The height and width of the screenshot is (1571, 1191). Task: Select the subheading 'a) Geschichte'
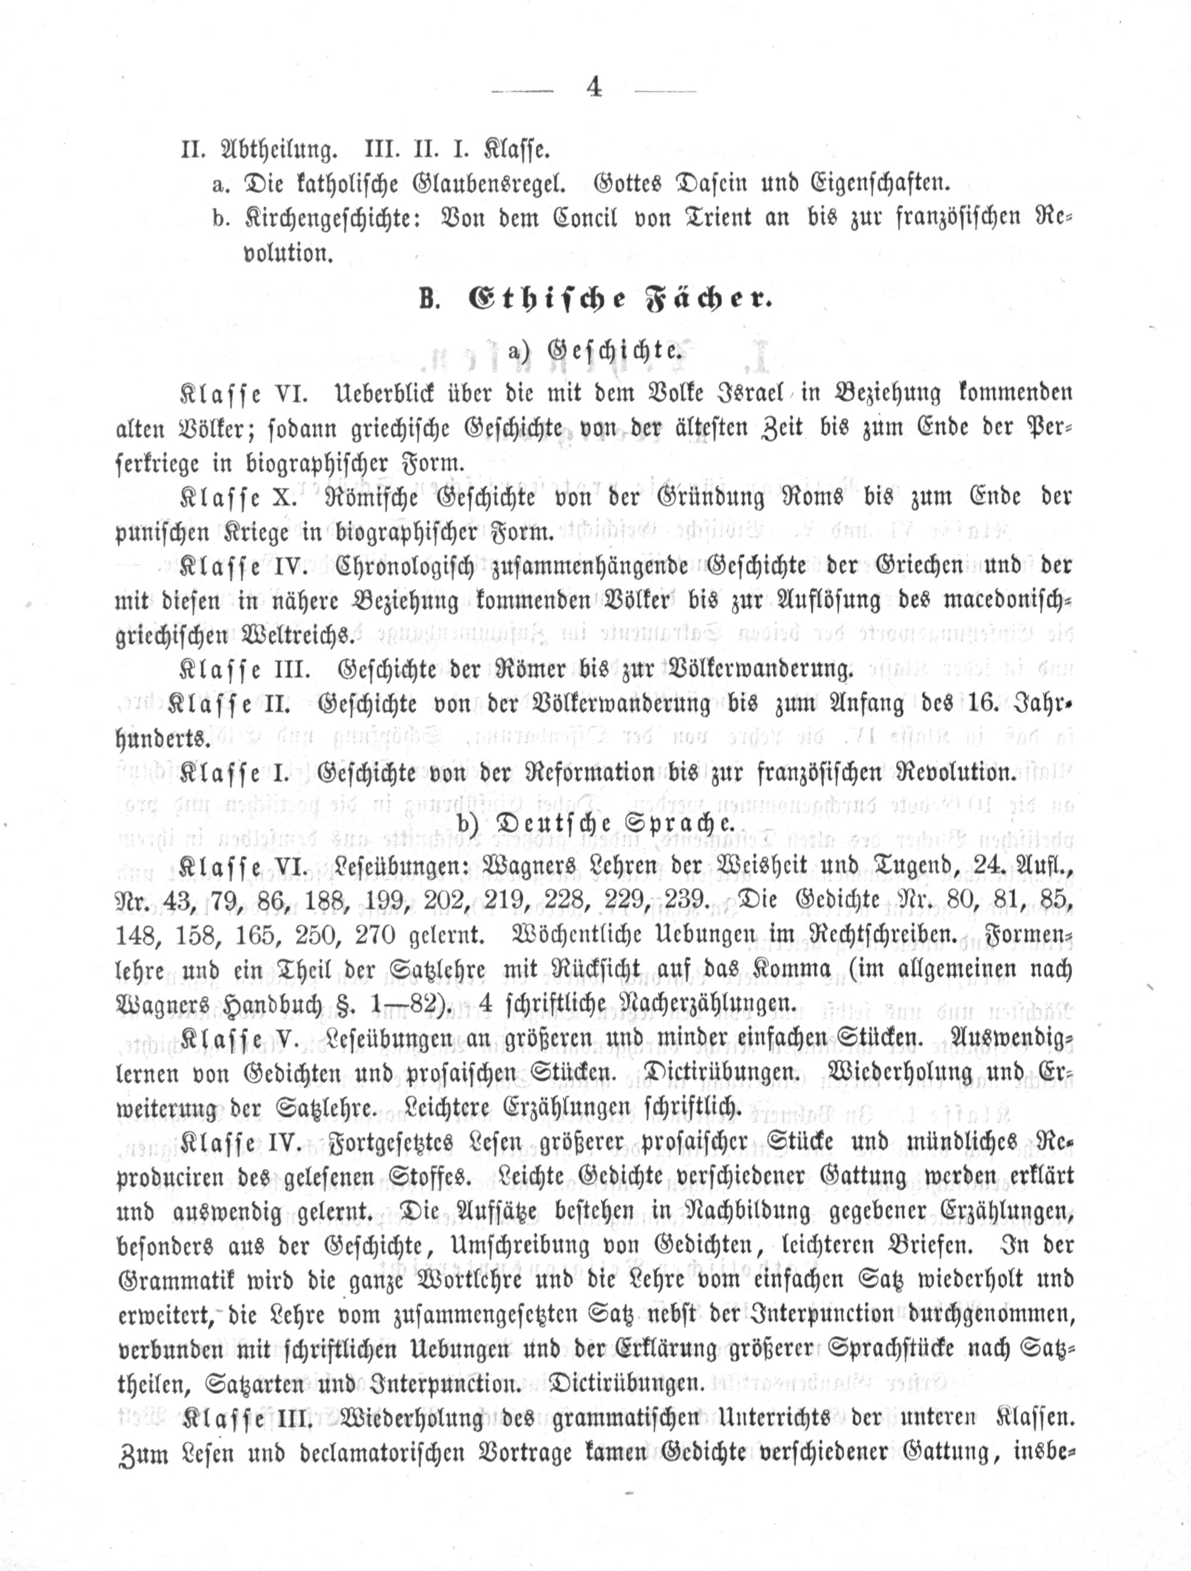pyautogui.click(x=595, y=350)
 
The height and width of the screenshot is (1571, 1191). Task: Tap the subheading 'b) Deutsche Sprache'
pyautogui.click(x=595, y=822)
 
